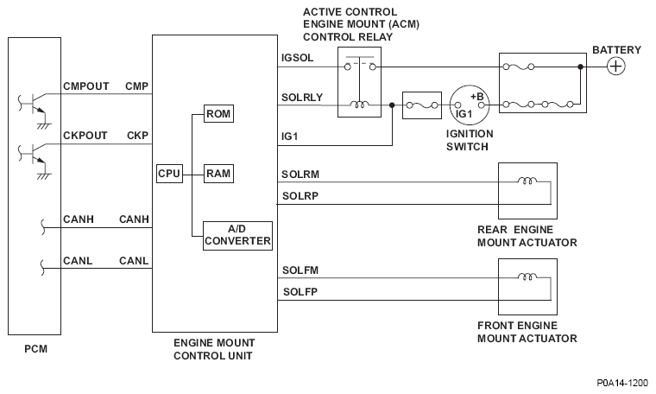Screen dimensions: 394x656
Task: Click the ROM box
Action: pos(218,114)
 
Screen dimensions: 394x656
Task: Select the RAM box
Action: pos(218,174)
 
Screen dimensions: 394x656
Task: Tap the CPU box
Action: pos(170,174)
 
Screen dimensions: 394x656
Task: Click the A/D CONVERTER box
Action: pos(237,235)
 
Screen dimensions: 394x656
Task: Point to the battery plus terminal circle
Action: pos(615,67)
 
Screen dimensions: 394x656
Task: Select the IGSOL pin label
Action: pos(298,58)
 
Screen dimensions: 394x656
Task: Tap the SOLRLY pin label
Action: pos(302,97)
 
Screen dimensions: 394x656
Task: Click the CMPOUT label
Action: pos(85,86)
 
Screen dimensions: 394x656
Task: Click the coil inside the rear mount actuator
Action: pos(524,182)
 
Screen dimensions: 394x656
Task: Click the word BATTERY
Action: pos(616,49)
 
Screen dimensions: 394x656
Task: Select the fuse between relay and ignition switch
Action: pos(423,105)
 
